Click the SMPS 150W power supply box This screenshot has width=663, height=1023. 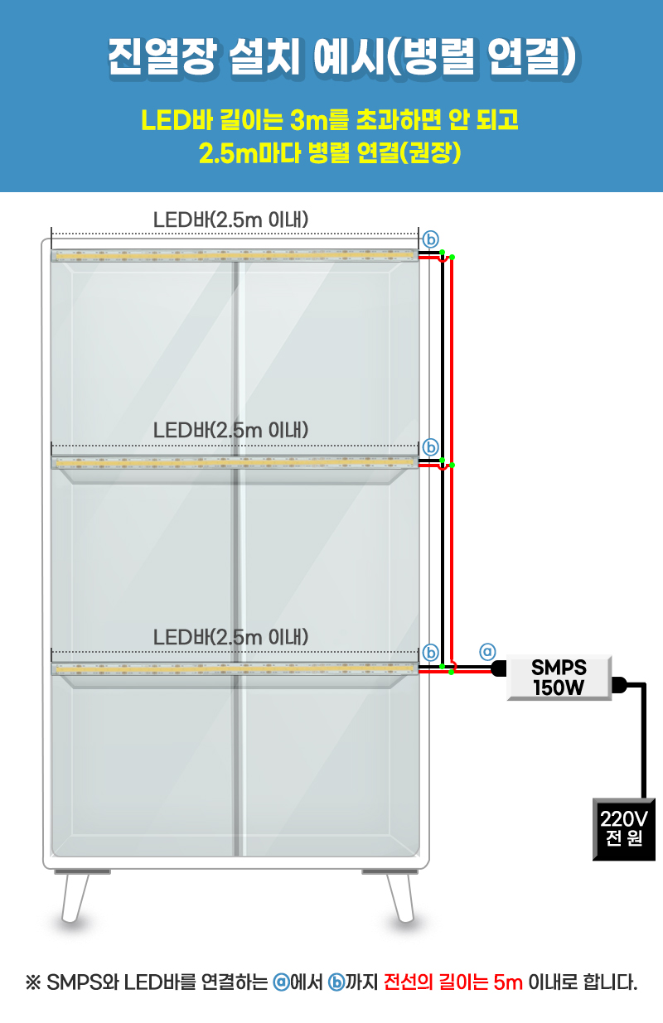point(559,677)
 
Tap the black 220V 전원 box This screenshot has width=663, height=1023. point(624,828)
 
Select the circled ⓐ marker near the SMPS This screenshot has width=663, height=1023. point(488,651)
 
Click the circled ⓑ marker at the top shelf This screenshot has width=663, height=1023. point(430,239)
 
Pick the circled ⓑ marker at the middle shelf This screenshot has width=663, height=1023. point(430,446)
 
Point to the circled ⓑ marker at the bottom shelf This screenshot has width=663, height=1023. point(430,652)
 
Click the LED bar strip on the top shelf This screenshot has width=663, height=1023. point(235,256)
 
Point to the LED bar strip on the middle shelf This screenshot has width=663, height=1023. point(235,462)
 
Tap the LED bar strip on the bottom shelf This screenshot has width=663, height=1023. point(235,668)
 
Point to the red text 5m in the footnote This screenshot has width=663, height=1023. point(508,983)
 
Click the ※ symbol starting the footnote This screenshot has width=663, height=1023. point(34,983)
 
